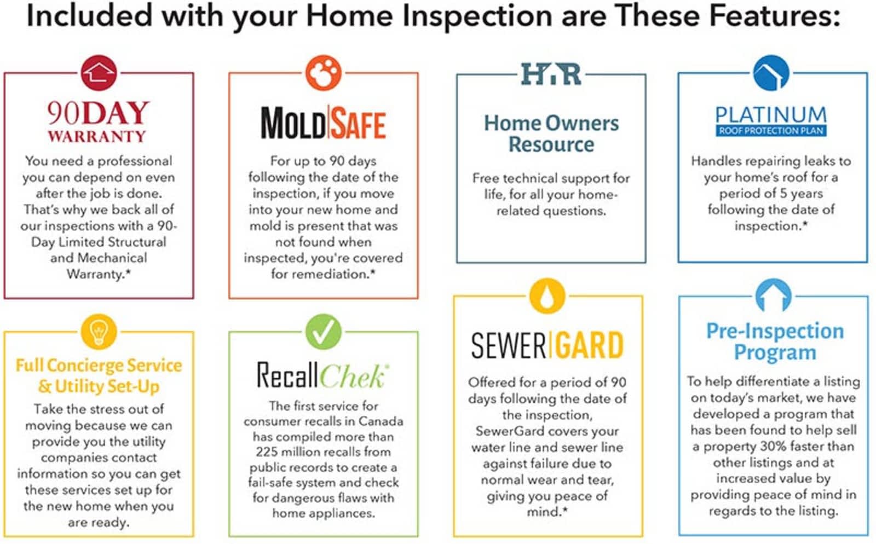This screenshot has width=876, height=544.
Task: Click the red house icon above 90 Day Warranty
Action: pos(99,73)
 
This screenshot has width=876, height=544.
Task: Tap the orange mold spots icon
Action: pos(324,73)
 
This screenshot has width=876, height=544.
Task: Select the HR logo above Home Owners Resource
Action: pos(551,74)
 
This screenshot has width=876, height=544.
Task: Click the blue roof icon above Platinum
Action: pos(771,73)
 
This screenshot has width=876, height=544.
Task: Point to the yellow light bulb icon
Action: pos(99,332)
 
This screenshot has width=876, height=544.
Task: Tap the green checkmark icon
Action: pos(324,332)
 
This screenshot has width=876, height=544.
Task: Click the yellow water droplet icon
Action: pos(547,296)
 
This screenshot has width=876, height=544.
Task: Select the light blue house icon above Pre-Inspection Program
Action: pos(774,296)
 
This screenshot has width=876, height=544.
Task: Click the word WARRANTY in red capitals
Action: pos(97,136)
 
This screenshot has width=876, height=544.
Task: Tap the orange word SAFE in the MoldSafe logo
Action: pos(359,124)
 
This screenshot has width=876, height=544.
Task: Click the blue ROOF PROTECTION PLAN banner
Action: pos(771,131)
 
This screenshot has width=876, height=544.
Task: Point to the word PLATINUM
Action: pos(771,115)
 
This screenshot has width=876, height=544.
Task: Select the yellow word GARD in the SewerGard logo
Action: pos(589,345)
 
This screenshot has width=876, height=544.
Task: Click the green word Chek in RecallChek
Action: pos(354,376)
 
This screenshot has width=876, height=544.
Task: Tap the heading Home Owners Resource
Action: pos(551,134)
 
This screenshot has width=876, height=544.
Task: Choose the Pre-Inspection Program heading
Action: pos(775,342)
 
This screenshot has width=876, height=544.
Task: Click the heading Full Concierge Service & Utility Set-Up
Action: pos(99,376)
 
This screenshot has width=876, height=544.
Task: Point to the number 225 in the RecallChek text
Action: pos(267,452)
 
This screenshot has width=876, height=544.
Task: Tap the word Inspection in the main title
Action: pos(478,16)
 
